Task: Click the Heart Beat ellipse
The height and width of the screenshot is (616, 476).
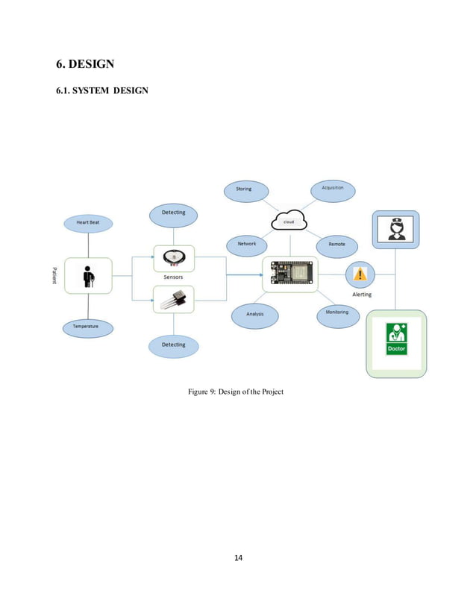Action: (x=88, y=222)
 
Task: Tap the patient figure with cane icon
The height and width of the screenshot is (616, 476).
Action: (x=88, y=276)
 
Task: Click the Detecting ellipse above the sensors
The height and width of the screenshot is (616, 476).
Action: (x=173, y=213)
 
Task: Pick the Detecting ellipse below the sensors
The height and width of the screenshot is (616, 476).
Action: (x=173, y=345)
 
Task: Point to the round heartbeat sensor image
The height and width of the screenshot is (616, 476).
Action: (x=173, y=258)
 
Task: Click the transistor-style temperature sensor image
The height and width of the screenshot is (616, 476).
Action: (x=173, y=299)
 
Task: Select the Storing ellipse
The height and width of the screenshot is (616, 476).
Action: (x=245, y=189)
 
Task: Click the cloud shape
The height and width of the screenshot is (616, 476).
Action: (x=288, y=221)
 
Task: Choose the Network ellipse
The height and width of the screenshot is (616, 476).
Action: (x=247, y=245)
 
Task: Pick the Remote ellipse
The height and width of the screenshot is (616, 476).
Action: (x=336, y=245)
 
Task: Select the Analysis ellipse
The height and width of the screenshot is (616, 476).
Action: (x=254, y=315)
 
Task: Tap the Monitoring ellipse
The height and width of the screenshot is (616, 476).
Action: (x=336, y=313)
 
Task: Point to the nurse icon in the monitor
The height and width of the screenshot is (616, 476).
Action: (x=395, y=229)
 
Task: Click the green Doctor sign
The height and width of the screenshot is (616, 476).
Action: (x=396, y=339)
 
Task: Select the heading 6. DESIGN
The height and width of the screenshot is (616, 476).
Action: (x=85, y=64)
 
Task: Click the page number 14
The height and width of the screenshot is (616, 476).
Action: (x=238, y=557)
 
